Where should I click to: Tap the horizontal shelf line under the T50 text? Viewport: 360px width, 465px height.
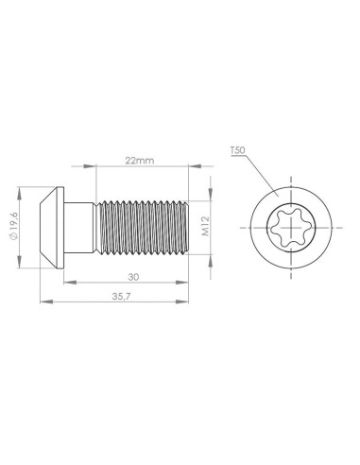pos(238,156)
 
